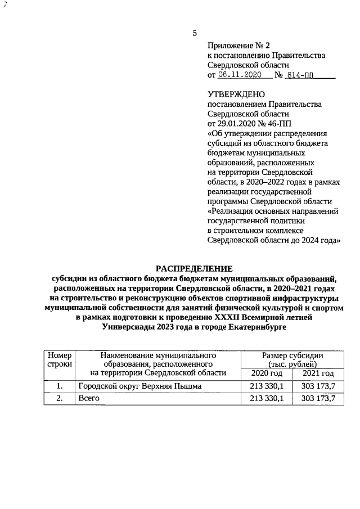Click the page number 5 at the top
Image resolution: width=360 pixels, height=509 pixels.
[195, 33]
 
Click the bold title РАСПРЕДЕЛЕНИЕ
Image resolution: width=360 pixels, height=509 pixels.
[193, 269]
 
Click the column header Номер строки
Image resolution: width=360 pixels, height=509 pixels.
[59, 360]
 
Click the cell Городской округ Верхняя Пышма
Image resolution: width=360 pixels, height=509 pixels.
[139, 386]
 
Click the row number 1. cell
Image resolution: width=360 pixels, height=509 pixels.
[59, 386]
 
